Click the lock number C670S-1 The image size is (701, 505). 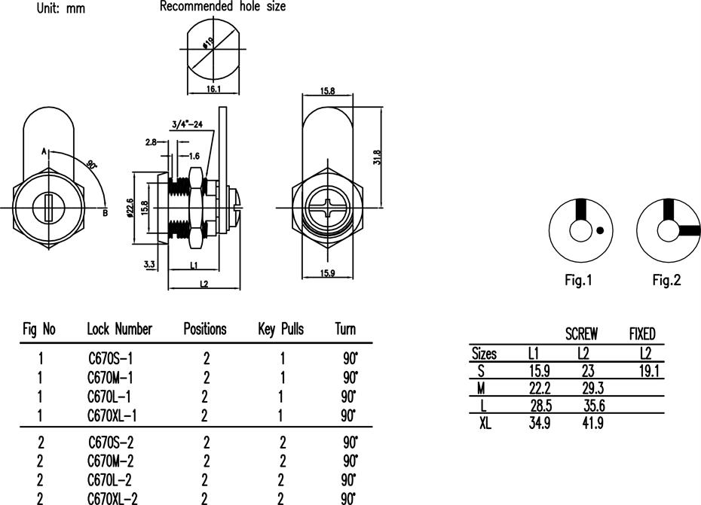110,358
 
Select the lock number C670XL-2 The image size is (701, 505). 112,498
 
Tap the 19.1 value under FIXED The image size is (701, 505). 649,370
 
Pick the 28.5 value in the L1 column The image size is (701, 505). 541,406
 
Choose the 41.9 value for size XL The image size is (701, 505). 592,422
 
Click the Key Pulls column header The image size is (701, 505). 280,330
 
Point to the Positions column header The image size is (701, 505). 205,329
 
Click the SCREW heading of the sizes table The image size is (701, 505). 581,334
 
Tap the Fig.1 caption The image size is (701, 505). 578,280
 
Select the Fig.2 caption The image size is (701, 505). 666,280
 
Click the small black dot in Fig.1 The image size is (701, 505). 601,230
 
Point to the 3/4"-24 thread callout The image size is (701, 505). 188,123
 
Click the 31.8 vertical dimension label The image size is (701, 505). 376,157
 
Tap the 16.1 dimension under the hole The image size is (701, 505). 213,89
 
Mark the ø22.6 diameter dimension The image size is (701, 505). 130,208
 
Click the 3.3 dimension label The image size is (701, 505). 149,264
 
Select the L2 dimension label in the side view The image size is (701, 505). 204,284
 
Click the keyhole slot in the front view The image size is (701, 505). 48,207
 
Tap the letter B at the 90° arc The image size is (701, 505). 106,213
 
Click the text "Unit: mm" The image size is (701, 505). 61,8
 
